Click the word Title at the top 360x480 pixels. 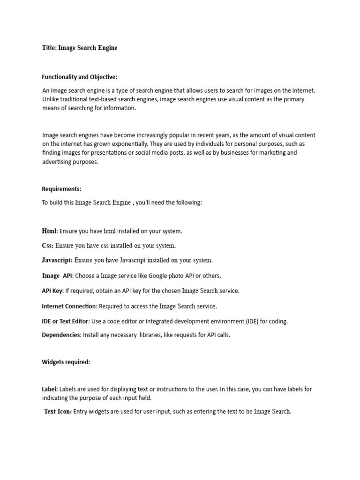click(x=49, y=48)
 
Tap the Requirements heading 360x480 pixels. click(x=61, y=189)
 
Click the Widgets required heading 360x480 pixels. click(x=66, y=362)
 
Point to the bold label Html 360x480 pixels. click(x=49, y=231)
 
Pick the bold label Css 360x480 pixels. click(x=47, y=246)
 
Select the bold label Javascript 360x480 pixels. click(x=57, y=260)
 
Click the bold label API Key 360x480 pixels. click(x=52, y=291)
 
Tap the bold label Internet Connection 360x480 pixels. click(x=69, y=307)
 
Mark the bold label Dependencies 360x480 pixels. click(x=61, y=335)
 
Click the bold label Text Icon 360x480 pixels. click(x=58, y=412)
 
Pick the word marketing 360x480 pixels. click(x=266, y=153)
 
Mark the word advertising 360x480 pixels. click(x=56, y=162)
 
